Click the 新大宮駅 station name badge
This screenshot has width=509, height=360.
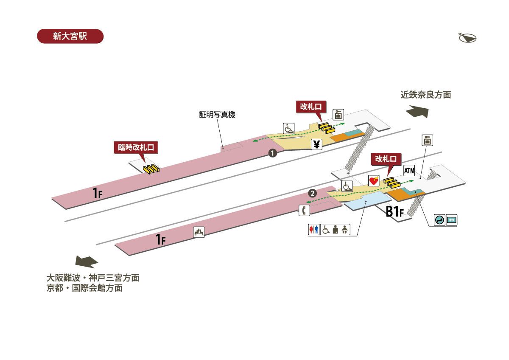click(70, 36)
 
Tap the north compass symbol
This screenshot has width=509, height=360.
click(467, 38)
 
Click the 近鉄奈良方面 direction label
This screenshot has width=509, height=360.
click(425, 95)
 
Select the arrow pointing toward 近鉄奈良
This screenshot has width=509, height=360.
click(417, 112)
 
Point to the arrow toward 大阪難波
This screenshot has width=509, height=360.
click(87, 262)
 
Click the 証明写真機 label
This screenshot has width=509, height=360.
click(217, 115)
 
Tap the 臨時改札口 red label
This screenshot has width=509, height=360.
click(136, 148)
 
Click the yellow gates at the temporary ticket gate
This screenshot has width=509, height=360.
click(151, 169)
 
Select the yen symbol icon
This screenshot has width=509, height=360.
click(316, 145)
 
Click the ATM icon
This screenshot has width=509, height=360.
click(409, 171)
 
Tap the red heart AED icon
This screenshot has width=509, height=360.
click(373, 181)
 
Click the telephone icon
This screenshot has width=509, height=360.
click(304, 210)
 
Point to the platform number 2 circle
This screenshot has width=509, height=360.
click(312, 193)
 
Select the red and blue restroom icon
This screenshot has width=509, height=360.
click(313, 230)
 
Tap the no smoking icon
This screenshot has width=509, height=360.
click(439, 220)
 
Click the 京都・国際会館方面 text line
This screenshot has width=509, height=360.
click(85, 288)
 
